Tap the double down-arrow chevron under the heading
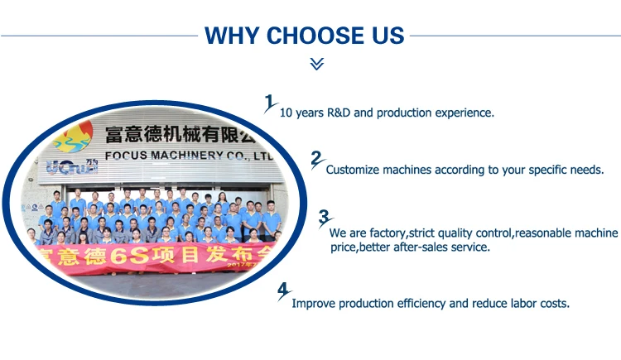pyautogui.click(x=317, y=64)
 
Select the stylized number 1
pyautogui.click(x=270, y=103)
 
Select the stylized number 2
pyautogui.click(x=317, y=160)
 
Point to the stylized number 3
pyautogui.click(x=325, y=218)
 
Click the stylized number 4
pyautogui.click(x=284, y=291)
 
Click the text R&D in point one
pyautogui.click(x=339, y=113)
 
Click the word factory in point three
pyautogui.click(x=388, y=233)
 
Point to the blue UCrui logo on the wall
pyautogui.click(x=72, y=167)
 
